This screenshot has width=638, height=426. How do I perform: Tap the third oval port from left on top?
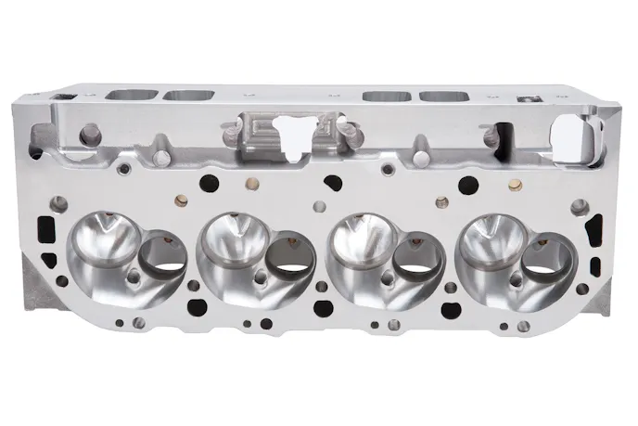pos(389,96)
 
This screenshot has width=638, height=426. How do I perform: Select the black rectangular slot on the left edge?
pos(40,226)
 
